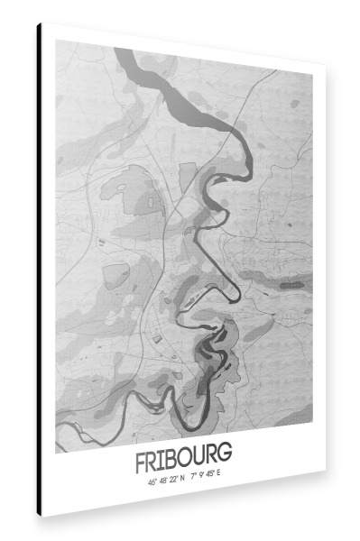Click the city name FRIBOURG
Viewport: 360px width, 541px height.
point(183,459)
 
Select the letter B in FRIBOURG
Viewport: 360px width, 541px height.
point(171,460)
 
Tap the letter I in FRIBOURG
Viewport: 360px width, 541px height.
point(162,460)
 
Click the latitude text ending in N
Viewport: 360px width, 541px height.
point(166,481)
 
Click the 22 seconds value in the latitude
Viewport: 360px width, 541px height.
point(171,481)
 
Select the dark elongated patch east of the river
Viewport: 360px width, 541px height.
point(290,285)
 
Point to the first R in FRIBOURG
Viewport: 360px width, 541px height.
point(151,460)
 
